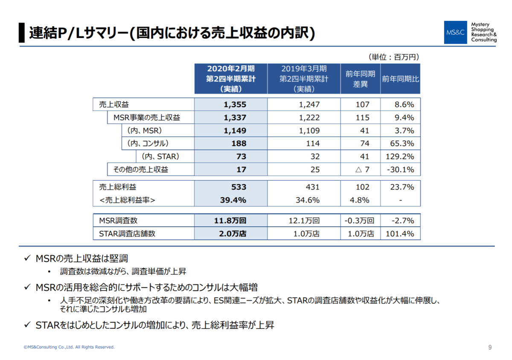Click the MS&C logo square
[455, 32]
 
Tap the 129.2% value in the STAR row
[400, 157]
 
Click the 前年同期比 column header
[400, 79]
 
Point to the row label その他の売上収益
[140, 170]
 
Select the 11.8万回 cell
[231, 221]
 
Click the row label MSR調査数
[119, 221]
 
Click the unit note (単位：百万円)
[393, 57]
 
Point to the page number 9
[490, 347]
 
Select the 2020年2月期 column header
[231, 79]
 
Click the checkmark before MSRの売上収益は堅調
[27, 258]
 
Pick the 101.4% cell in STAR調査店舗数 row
[400, 234]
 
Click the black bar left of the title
[21, 32]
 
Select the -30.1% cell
[400, 170]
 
